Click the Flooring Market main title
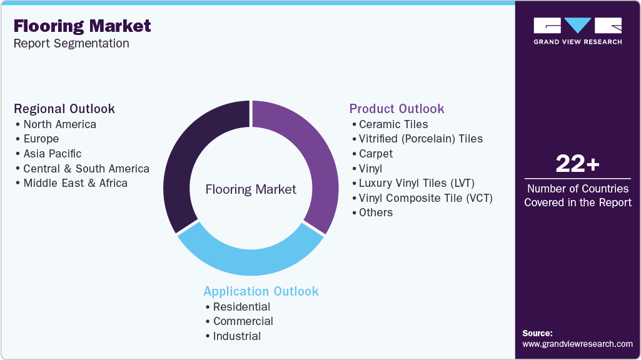(x=82, y=26)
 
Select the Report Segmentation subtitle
(x=71, y=43)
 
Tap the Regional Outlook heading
(x=64, y=109)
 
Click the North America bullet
(x=59, y=124)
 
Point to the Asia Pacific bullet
(x=52, y=154)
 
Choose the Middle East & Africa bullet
(x=75, y=183)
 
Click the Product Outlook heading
(x=396, y=109)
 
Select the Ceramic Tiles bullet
(x=393, y=124)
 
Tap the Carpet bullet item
(x=376, y=154)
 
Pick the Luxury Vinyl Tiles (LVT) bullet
(x=416, y=183)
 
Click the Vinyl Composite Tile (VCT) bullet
(x=425, y=198)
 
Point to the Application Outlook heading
(x=261, y=291)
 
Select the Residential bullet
(x=241, y=307)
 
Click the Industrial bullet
(x=236, y=336)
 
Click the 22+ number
(x=577, y=164)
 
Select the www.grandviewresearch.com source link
(x=577, y=344)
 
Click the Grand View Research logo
(x=577, y=30)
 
